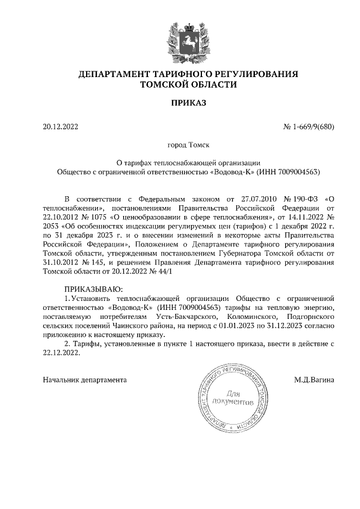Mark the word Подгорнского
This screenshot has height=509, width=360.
[311, 319]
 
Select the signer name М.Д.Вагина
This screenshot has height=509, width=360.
[314, 380]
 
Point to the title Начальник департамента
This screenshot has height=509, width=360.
[84, 380]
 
